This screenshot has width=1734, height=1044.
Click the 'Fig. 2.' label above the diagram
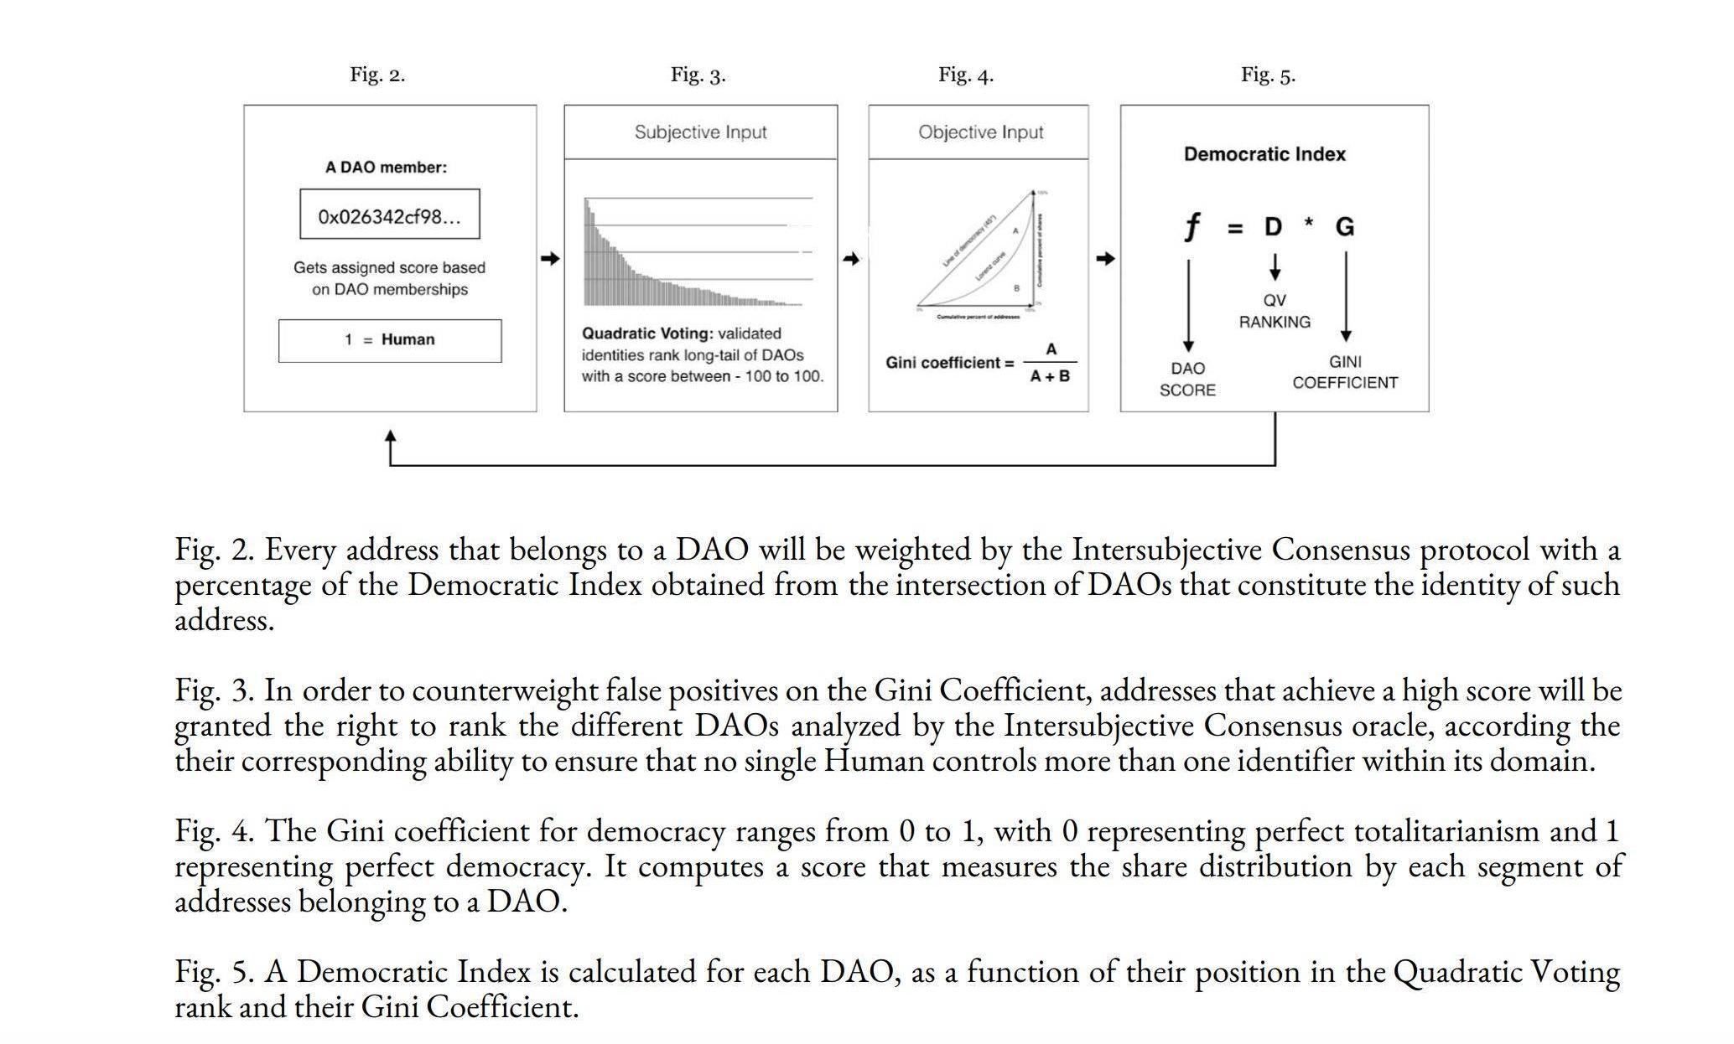point(377,75)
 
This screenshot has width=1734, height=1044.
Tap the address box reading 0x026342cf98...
point(390,216)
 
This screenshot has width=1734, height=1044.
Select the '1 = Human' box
point(390,340)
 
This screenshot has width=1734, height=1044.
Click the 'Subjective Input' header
point(700,132)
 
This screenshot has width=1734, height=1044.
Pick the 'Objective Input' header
point(980,132)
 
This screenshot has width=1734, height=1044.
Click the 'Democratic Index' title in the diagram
point(1264,154)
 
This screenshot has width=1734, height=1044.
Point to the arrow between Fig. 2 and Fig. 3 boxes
point(550,259)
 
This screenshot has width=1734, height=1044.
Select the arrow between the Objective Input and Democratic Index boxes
point(1105,259)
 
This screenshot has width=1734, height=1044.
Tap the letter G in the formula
point(1344,227)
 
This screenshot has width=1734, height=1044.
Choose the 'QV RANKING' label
point(1275,311)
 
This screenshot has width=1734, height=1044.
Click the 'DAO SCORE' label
point(1187,379)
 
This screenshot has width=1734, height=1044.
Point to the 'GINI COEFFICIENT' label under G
point(1345,372)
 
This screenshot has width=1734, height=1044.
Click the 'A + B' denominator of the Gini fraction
point(1050,377)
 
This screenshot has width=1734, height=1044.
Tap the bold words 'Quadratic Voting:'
point(646,333)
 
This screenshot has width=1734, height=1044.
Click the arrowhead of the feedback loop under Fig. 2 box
point(390,437)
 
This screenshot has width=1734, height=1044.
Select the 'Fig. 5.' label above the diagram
point(1268,75)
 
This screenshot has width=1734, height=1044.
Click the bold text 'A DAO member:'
point(386,168)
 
